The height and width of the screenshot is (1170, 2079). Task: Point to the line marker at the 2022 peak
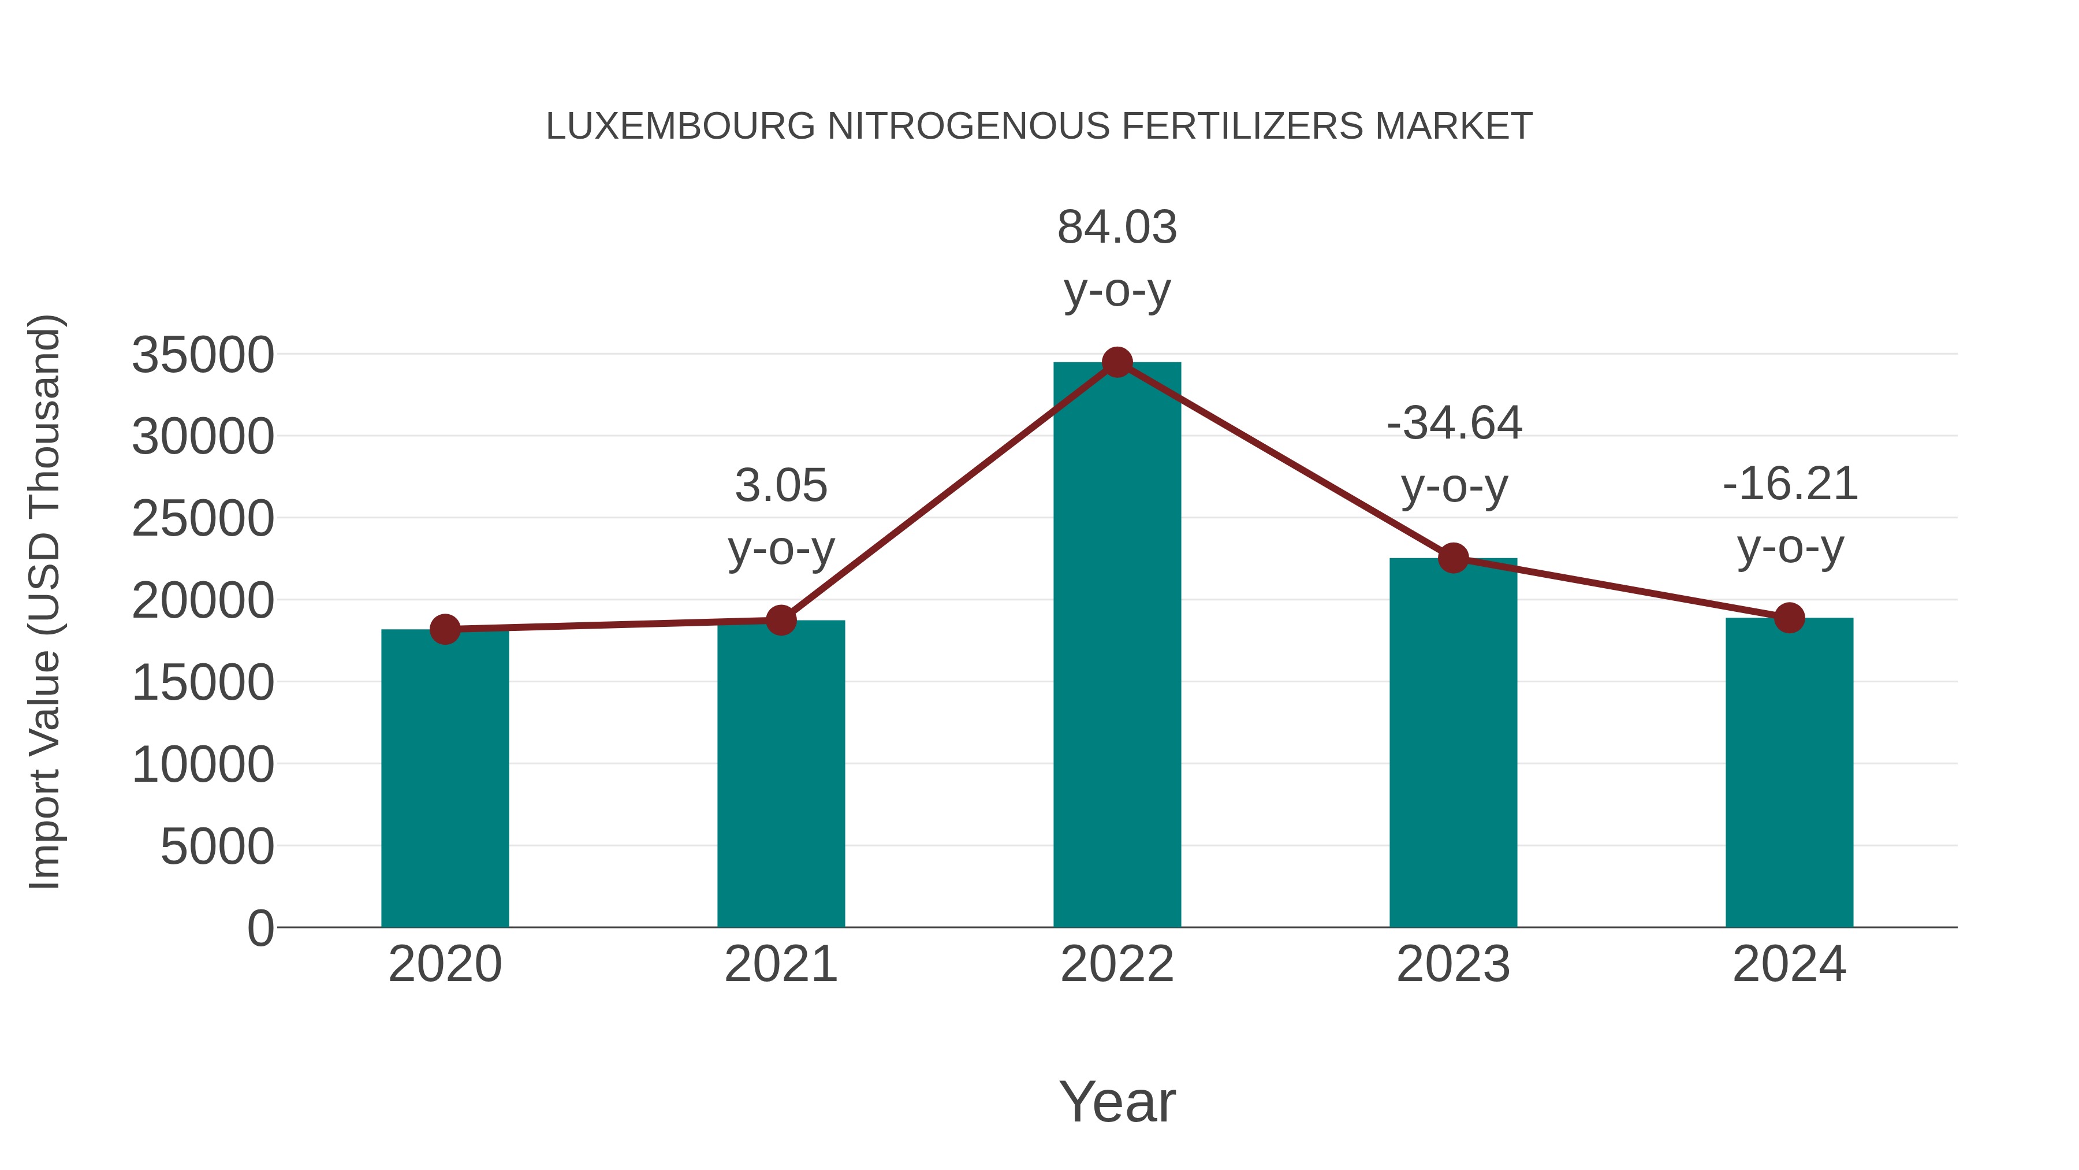point(1117,362)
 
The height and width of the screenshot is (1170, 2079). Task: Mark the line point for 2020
point(445,629)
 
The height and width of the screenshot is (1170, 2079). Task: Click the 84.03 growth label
point(1117,227)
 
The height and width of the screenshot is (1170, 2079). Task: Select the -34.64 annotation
point(1454,423)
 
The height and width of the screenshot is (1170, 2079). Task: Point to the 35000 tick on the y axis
point(203,355)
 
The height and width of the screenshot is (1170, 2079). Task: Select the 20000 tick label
point(203,601)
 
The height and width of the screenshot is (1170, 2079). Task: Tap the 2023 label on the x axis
point(1454,964)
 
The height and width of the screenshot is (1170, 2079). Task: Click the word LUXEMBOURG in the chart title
point(680,127)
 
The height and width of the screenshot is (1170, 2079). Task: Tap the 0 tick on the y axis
point(260,928)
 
